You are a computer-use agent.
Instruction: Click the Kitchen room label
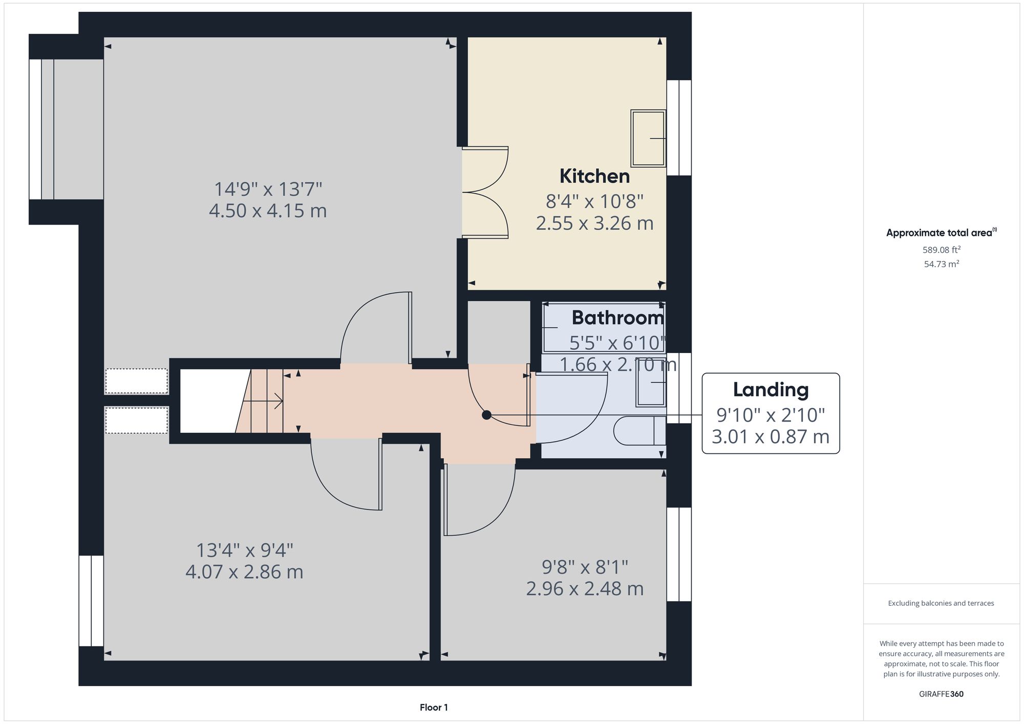point(594,177)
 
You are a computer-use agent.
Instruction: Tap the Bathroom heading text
point(617,318)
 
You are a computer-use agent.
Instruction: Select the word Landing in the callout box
point(771,390)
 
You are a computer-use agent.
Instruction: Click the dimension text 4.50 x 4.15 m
point(268,211)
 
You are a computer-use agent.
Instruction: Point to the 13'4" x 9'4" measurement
point(245,551)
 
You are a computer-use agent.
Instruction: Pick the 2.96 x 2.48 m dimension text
point(585,589)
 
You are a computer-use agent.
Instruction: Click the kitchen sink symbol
point(648,138)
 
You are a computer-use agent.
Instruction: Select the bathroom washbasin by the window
point(651,388)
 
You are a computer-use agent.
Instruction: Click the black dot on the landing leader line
point(486,415)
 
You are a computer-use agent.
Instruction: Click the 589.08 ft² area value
point(941,250)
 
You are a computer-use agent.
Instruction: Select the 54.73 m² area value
point(941,265)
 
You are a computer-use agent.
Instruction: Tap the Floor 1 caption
point(434,708)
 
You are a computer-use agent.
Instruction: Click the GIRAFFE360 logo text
point(941,694)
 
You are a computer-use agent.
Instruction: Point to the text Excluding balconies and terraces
point(941,603)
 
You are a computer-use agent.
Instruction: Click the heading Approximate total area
point(940,233)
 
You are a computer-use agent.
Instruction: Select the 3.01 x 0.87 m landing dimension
point(771,437)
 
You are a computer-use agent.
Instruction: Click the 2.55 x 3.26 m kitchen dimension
point(594,224)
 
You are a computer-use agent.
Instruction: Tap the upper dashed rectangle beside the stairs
point(137,381)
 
